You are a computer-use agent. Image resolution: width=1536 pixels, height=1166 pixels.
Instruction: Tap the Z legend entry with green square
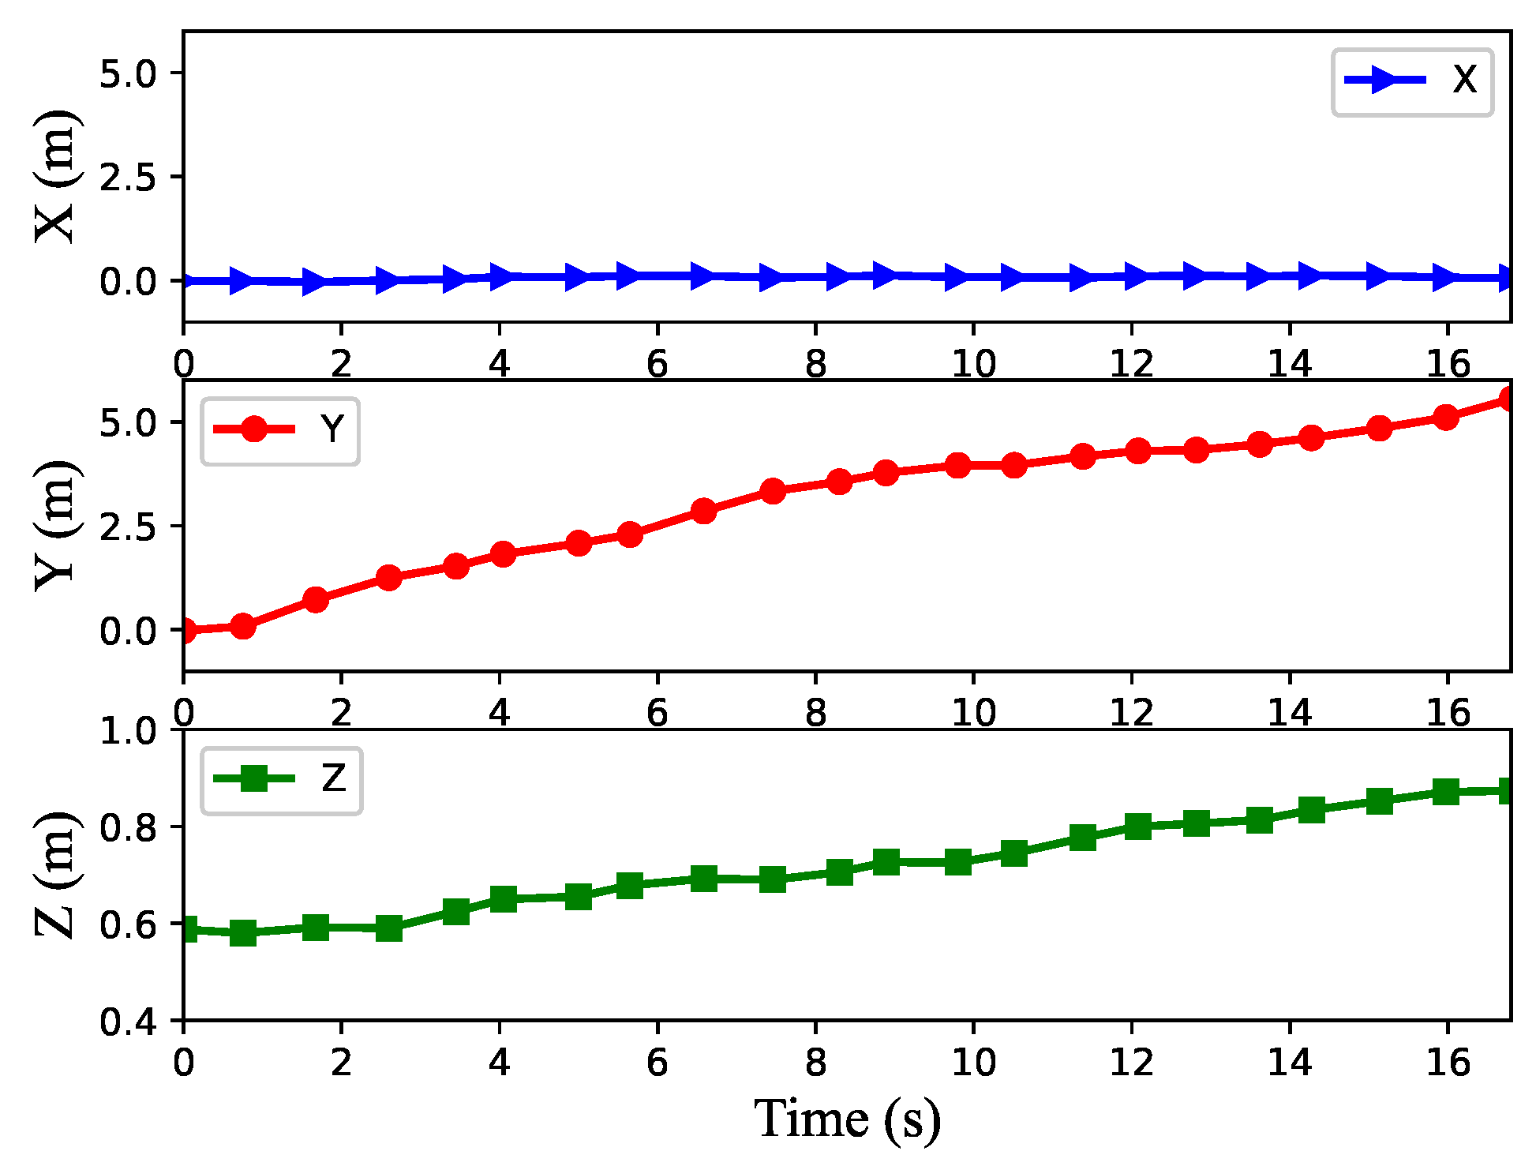coord(281,780)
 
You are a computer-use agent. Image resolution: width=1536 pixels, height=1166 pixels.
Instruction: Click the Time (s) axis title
coord(847,1119)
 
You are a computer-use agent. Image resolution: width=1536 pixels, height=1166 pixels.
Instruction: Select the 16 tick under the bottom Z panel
coord(1447,1063)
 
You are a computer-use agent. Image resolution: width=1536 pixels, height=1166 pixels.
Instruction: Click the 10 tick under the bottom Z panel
coord(972,1063)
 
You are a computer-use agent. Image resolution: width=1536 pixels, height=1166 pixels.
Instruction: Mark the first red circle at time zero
coord(185,630)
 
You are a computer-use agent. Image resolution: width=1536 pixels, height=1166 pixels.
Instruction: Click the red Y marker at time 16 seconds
coord(1446,418)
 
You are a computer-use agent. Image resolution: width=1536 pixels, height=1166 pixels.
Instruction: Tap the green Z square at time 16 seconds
coord(1446,791)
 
